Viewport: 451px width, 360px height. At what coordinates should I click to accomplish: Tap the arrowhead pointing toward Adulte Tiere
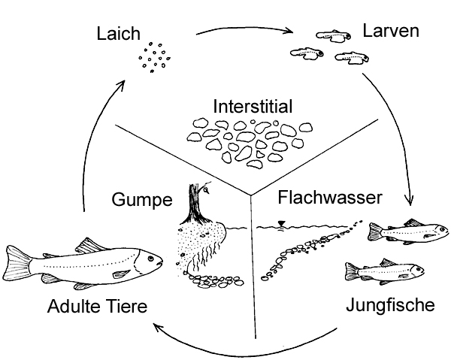tap(155, 325)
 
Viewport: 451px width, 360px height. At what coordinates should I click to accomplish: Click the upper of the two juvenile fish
tap(396, 232)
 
